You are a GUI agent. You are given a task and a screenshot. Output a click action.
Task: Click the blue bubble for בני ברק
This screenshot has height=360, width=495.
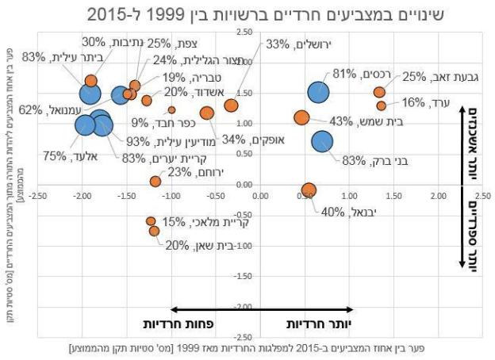click(x=322, y=141)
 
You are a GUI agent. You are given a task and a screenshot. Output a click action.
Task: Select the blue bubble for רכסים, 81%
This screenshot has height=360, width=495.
click(x=319, y=93)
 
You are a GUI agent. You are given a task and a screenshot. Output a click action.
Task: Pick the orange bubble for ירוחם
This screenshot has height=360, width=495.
click(x=155, y=182)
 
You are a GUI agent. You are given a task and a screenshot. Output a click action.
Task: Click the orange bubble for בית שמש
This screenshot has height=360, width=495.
click(x=301, y=118)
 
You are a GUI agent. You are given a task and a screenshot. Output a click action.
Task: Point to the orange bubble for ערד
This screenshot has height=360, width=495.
click(x=382, y=105)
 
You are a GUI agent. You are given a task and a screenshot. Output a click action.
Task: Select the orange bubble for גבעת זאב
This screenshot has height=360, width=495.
click(x=379, y=92)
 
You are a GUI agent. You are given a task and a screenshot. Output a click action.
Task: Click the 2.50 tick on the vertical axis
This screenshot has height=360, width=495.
click(x=244, y=32)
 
